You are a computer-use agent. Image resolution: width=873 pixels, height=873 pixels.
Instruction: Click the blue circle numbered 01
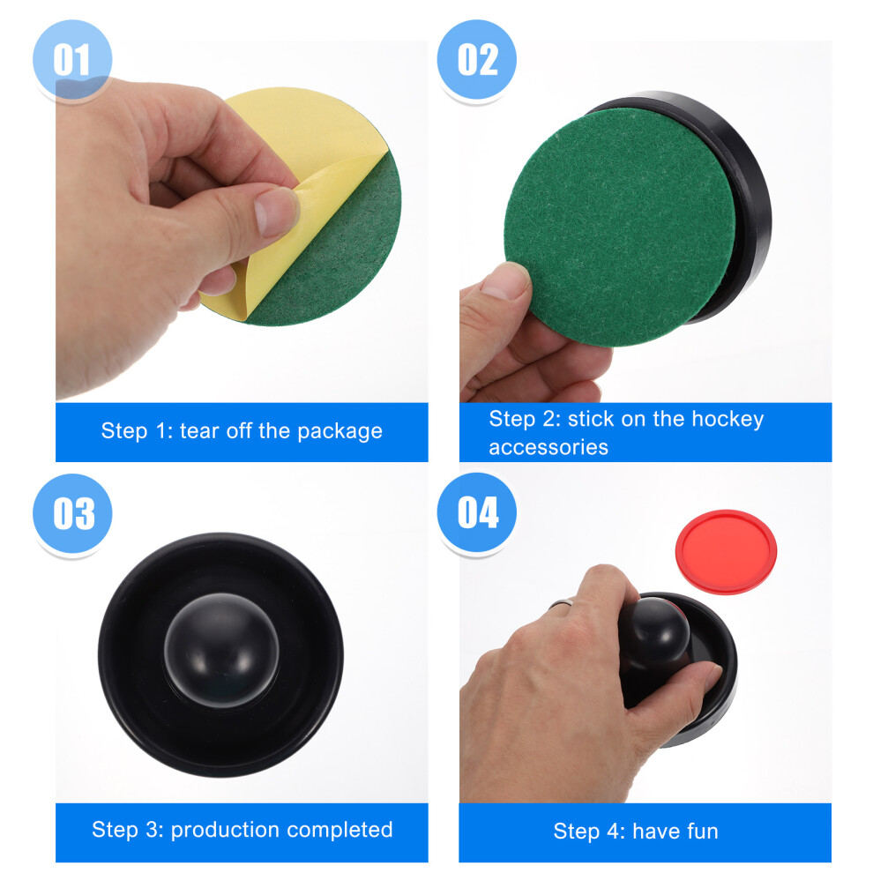click(x=72, y=60)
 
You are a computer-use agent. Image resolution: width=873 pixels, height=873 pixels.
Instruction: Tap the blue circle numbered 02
click(x=476, y=60)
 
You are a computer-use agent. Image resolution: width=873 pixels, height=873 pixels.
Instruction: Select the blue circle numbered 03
click(x=72, y=513)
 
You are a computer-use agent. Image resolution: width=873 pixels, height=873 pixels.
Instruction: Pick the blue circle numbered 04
click(x=476, y=512)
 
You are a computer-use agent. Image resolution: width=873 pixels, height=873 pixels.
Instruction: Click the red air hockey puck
click(x=726, y=552)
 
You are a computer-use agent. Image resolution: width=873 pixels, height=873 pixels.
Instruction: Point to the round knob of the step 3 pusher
click(x=221, y=650)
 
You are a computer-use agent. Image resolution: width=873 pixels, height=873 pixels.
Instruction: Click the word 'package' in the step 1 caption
click(x=339, y=431)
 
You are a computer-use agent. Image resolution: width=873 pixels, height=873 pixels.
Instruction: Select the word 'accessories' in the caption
click(x=548, y=447)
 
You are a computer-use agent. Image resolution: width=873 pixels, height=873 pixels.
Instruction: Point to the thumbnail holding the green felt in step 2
click(x=505, y=281)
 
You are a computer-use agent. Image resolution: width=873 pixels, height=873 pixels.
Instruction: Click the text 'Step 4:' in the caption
click(x=590, y=832)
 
